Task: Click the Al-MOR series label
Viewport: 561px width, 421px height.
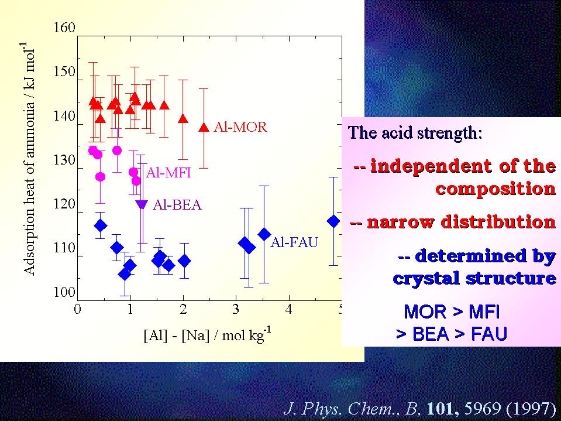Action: coord(240,126)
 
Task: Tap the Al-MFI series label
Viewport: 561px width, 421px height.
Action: coord(168,173)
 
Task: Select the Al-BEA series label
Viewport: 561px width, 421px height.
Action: coord(177,204)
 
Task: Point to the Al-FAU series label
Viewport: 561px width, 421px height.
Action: coord(294,242)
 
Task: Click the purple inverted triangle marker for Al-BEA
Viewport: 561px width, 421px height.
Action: coord(142,204)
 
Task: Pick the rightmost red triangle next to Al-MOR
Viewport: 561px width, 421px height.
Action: coord(204,127)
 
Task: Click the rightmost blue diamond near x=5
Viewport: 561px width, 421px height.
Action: coord(333,221)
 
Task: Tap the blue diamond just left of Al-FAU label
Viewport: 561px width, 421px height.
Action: coord(264,234)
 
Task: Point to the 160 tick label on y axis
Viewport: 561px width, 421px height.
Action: coord(64,28)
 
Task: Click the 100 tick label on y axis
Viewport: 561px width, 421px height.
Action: coord(64,293)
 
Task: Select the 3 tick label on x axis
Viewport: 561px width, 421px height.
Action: coord(236,309)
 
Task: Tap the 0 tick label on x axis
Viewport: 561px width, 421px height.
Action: coord(77,309)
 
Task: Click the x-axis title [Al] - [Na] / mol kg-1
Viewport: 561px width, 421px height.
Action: coord(208,335)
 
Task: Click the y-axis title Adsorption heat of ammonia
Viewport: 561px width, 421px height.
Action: coord(29,158)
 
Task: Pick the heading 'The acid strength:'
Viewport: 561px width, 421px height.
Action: coord(415,133)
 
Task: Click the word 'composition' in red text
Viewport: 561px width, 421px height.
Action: coord(495,188)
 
